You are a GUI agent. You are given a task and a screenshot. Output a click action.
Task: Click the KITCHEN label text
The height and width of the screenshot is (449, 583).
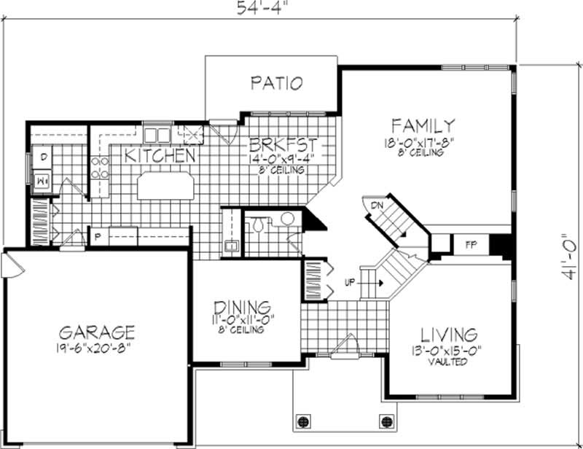pyautogui.click(x=158, y=155)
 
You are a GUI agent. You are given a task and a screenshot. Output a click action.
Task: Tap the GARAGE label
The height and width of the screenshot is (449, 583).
pyautogui.click(x=98, y=332)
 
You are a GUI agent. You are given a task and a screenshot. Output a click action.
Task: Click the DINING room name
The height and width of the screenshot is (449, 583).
pyautogui.click(x=243, y=307)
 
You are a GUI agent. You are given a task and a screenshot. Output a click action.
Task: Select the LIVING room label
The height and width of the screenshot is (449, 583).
pyautogui.click(x=449, y=335)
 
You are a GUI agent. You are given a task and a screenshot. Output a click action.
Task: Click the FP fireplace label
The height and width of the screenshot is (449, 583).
pyautogui.click(x=471, y=244)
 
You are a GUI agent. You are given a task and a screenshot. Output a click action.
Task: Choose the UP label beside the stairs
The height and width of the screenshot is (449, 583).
pyautogui.click(x=349, y=282)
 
